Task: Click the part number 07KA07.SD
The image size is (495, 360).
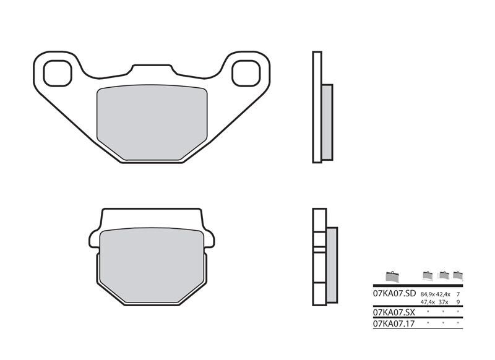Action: pos(393,294)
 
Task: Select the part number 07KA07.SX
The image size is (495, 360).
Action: pos(393,312)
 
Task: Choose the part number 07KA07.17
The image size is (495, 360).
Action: pos(392,323)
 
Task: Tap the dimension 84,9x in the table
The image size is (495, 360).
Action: pos(428,294)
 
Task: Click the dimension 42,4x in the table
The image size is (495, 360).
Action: pos(443,294)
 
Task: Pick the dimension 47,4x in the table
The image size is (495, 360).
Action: pos(428,302)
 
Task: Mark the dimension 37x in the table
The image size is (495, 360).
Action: pos(443,302)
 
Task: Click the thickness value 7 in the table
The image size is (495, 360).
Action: pos(457,294)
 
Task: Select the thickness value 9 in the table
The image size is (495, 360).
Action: pos(457,302)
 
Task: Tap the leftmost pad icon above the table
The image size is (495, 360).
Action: pos(392,276)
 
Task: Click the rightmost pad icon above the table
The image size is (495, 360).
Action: pos(458,275)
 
